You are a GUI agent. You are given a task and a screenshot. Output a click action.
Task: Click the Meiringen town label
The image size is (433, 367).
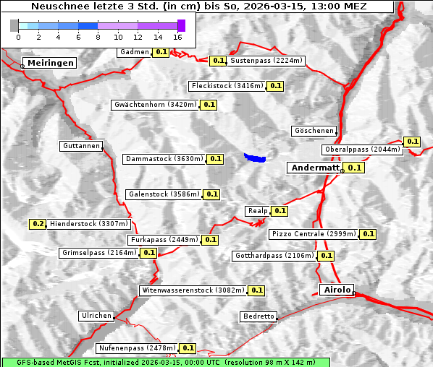point(51,64)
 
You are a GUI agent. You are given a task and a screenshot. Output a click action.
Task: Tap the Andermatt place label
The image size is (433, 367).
point(314,168)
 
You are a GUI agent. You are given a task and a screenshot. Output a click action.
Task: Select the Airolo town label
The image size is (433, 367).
point(337,290)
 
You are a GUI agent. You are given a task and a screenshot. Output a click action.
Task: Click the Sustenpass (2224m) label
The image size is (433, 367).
point(266,61)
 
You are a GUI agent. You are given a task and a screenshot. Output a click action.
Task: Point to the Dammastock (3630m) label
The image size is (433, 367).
point(164,159)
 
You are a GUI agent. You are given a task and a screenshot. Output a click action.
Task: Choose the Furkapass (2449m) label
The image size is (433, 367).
point(164,240)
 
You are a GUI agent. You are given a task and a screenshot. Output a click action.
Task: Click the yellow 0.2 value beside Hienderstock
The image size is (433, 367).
point(38,224)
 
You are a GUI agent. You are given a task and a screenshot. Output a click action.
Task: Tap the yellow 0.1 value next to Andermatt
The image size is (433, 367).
point(354,168)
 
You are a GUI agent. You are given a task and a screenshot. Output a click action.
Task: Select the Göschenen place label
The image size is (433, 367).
point(314,131)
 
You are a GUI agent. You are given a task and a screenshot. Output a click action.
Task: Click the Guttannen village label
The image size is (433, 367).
point(81,146)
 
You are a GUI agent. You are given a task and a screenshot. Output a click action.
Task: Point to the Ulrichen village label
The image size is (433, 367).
point(96,316)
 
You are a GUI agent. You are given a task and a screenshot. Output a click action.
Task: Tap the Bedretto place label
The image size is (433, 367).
point(258,316)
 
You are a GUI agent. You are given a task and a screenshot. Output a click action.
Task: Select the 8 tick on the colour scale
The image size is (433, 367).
point(98,36)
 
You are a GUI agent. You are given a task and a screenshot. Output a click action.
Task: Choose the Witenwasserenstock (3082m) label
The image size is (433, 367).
point(193,290)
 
